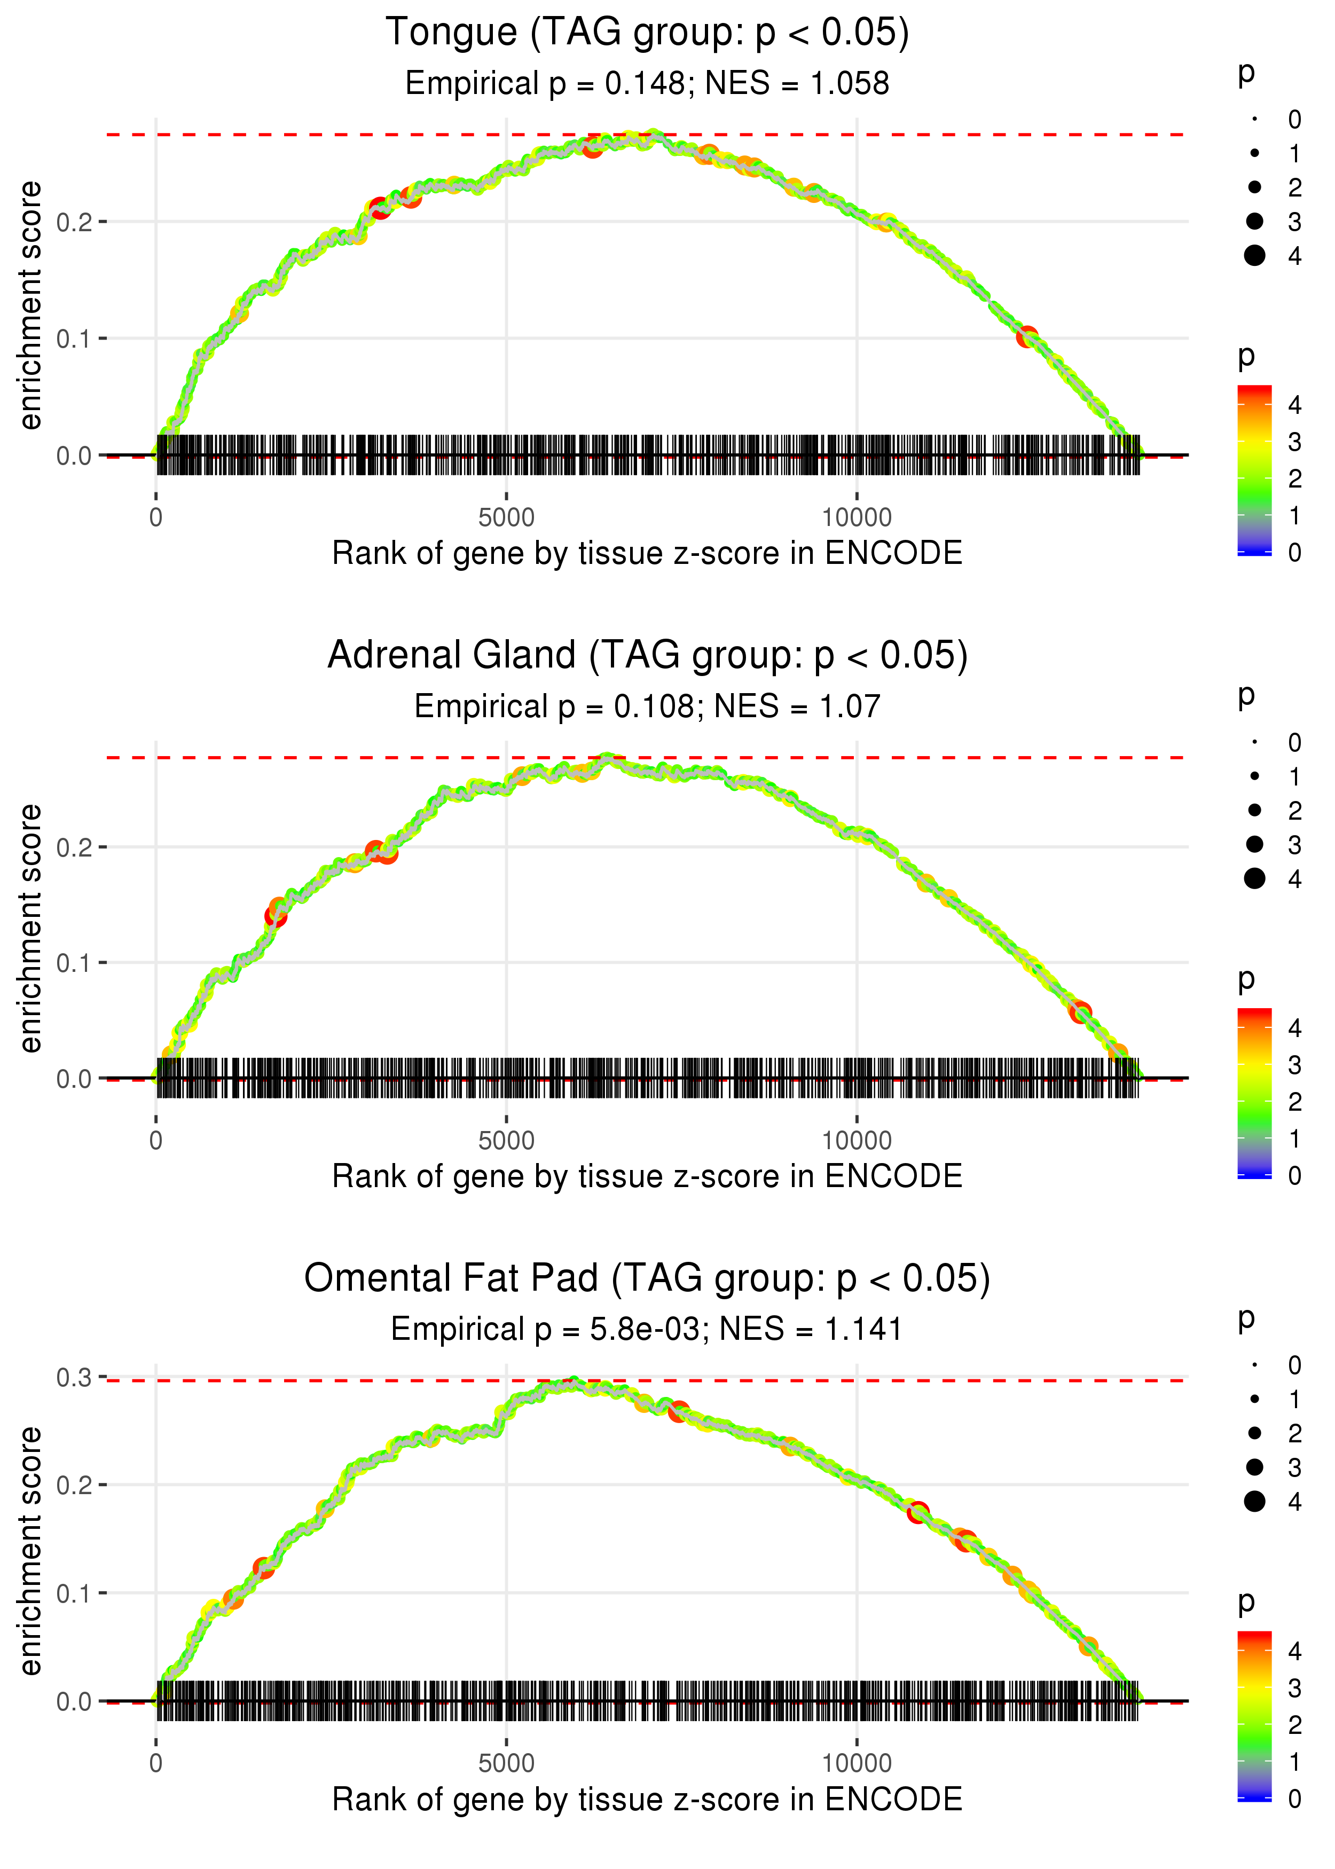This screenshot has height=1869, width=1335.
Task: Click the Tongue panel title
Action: coord(647,33)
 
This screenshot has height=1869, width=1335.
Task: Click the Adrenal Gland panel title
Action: coord(647,656)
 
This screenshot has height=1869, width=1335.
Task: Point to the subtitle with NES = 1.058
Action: coord(647,84)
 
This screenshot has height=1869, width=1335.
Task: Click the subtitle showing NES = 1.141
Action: coord(647,1330)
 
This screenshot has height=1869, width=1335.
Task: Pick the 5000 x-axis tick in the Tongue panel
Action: coord(506,518)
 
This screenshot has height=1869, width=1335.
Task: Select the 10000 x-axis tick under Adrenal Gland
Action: coord(857,1141)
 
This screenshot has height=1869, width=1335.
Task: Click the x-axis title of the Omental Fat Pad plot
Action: coord(647,1800)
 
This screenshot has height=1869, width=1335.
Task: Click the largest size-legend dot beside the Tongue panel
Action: coord(1254,256)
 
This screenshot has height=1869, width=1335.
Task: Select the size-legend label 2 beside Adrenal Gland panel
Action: coord(1295,811)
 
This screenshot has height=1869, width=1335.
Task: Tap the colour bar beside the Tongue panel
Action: coord(1254,470)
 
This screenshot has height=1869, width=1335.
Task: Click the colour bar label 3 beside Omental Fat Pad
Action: coord(1295,1688)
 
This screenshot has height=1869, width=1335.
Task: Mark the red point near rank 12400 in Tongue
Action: coord(1027,337)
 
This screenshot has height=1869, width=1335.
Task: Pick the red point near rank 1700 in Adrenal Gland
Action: coord(276,916)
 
